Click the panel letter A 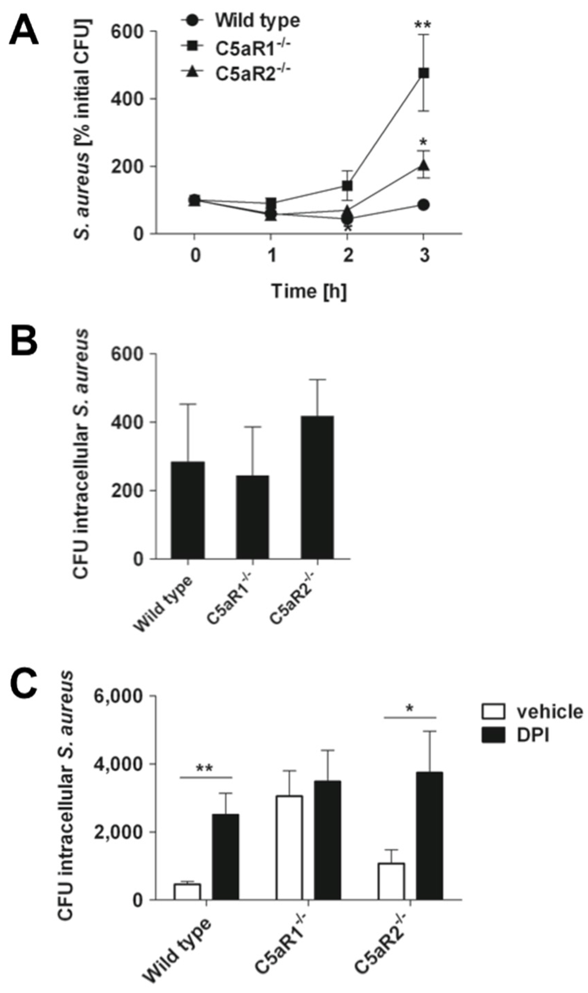(24, 30)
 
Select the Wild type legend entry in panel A (257, 21)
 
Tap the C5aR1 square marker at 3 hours (424, 73)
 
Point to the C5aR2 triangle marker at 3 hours (424, 165)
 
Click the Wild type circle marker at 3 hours (424, 205)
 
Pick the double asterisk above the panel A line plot (424, 26)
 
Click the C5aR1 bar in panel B (252, 517)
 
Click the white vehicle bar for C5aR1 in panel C (289, 848)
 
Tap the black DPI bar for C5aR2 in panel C (430, 836)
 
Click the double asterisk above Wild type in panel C (205, 769)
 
